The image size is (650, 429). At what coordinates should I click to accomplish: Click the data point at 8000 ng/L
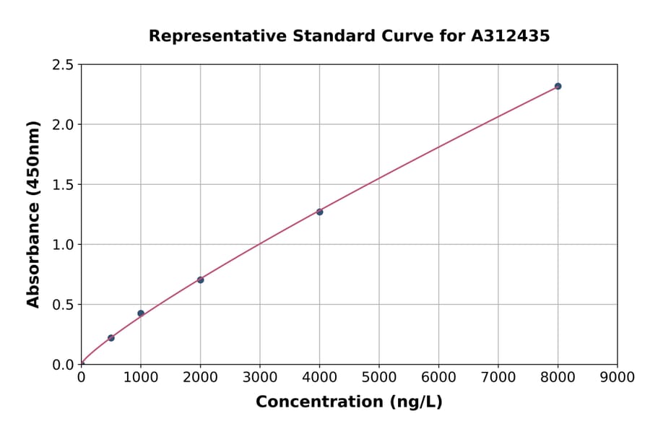click(x=558, y=86)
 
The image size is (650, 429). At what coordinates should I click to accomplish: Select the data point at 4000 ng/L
click(x=319, y=212)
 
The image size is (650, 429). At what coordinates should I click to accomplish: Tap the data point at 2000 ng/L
click(x=200, y=279)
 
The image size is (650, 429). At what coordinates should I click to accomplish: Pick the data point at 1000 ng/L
click(x=141, y=313)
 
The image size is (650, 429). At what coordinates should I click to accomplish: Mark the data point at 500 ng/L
click(x=111, y=338)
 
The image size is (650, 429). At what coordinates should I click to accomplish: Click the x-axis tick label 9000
click(x=617, y=378)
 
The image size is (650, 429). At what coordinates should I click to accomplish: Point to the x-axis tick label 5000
click(x=378, y=378)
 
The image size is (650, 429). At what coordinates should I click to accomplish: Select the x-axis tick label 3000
click(x=259, y=378)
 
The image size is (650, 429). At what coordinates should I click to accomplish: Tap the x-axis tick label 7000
click(x=498, y=378)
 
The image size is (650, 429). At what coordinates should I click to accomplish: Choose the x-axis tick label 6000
click(x=438, y=378)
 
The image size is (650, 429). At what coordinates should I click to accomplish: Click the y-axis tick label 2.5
click(x=64, y=65)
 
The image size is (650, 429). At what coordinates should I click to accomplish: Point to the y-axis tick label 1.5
click(x=64, y=185)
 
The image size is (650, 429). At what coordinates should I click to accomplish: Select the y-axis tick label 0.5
click(x=64, y=305)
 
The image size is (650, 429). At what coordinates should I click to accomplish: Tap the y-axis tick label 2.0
click(x=64, y=125)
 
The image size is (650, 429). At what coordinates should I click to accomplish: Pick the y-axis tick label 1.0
click(x=64, y=245)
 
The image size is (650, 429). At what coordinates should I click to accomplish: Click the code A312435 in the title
click(x=511, y=36)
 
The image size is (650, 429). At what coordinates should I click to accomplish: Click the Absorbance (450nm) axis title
click(x=33, y=214)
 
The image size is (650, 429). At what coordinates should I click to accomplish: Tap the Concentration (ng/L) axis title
click(x=349, y=402)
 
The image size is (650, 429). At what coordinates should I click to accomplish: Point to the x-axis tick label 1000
click(x=141, y=378)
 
